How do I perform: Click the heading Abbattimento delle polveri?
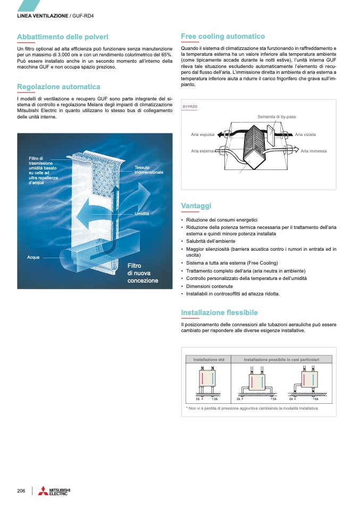(x=63, y=37)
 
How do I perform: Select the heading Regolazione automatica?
(x=58, y=87)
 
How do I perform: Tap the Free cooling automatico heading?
(x=223, y=36)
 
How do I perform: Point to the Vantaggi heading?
(x=196, y=206)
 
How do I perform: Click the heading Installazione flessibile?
(x=219, y=312)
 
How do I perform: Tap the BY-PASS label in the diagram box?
(x=190, y=107)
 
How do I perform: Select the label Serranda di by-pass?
(x=277, y=116)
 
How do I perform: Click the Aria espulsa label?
(x=203, y=134)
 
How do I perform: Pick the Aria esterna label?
(x=202, y=151)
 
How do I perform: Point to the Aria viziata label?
(x=306, y=134)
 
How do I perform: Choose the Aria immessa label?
(x=313, y=151)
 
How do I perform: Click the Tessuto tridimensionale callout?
(x=148, y=170)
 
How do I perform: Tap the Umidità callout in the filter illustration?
(x=141, y=214)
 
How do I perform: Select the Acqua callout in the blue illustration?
(x=34, y=257)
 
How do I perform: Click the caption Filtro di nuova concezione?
(x=143, y=273)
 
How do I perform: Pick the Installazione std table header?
(x=208, y=360)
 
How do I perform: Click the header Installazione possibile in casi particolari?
(x=281, y=360)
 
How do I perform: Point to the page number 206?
(x=21, y=490)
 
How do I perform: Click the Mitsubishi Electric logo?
(x=53, y=491)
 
